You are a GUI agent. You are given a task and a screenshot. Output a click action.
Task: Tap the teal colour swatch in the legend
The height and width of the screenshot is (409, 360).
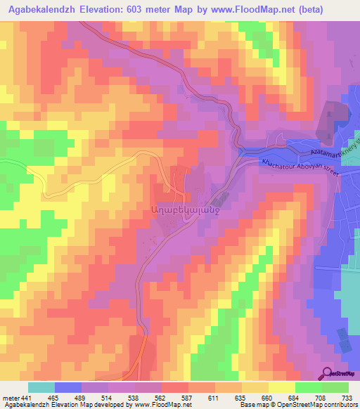41,388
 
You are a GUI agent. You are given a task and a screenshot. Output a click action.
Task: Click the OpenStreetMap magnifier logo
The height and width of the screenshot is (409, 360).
329,373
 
